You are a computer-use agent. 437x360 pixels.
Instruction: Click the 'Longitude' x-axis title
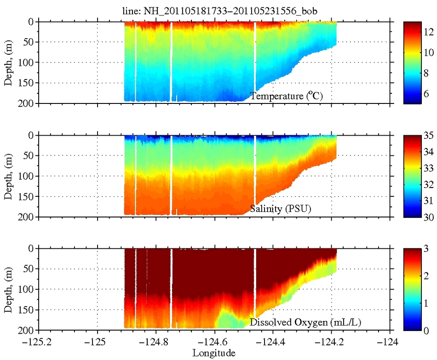[x=214, y=353]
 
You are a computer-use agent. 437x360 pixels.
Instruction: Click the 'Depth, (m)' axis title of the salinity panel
[x=9, y=176]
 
